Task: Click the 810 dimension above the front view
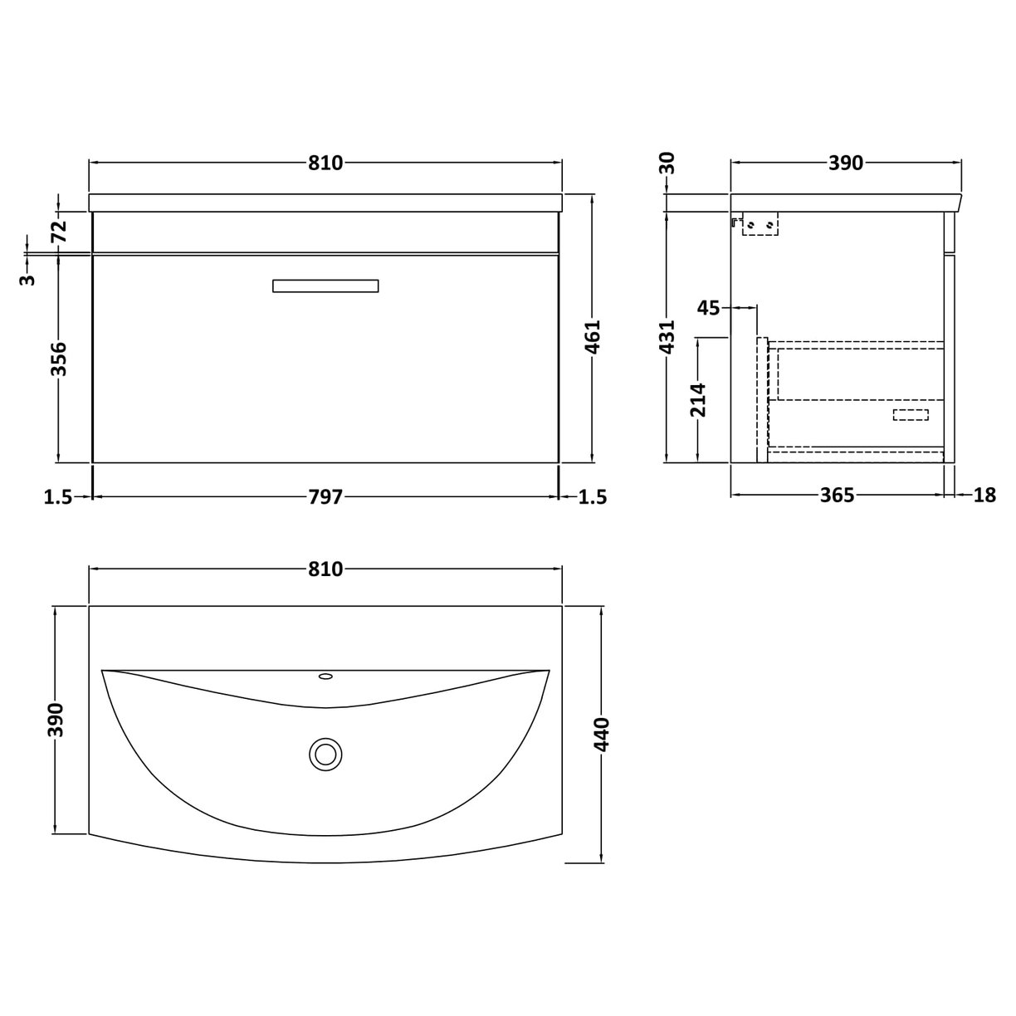(x=325, y=163)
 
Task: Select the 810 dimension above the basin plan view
(x=325, y=569)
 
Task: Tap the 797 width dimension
(x=325, y=496)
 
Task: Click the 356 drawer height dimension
(x=59, y=358)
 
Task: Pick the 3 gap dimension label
(x=29, y=279)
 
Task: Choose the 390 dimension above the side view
(x=846, y=163)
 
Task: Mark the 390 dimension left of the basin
(x=55, y=719)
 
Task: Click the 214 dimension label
(x=699, y=399)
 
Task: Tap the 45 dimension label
(x=708, y=308)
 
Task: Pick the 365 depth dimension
(x=837, y=496)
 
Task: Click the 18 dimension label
(x=984, y=496)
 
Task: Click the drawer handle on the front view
(x=325, y=286)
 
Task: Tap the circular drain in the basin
(x=325, y=755)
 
